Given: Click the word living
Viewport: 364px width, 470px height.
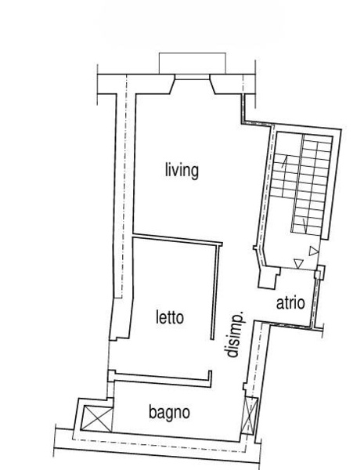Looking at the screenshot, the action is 182,171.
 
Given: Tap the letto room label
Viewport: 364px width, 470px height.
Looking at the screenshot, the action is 170,317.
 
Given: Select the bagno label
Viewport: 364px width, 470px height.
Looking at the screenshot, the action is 169,413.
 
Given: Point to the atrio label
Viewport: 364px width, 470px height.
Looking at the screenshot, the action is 290,303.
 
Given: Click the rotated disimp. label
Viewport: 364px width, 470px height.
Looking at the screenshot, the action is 235,335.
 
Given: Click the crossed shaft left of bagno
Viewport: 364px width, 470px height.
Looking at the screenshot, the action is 97,419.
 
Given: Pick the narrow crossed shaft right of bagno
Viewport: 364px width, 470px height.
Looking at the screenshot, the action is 249,415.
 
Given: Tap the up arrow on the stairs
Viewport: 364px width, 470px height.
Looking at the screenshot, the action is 284,161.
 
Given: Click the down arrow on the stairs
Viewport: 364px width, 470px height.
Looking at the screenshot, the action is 305,226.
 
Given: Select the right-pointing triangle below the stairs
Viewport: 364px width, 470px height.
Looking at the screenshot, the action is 314,251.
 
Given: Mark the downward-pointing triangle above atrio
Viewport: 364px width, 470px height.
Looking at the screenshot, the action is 299,264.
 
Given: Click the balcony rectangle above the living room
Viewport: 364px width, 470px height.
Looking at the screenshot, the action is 192,63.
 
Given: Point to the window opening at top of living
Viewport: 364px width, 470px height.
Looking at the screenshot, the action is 192,77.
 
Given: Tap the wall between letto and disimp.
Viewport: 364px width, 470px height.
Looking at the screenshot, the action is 214,291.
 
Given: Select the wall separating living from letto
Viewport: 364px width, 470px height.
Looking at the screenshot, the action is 178,240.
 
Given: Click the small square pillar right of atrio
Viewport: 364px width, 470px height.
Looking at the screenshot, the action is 319,272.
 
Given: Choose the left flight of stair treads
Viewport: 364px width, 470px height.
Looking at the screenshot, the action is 285,175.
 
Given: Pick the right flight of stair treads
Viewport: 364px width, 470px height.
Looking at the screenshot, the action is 312,186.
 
